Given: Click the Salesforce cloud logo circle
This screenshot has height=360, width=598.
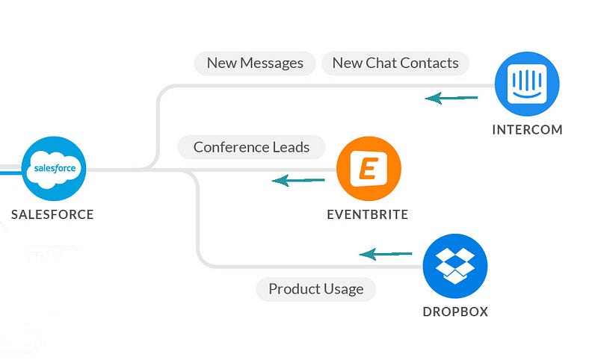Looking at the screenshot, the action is pyautogui.click(x=54, y=168).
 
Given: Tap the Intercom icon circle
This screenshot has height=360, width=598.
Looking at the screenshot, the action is pyautogui.click(x=527, y=84).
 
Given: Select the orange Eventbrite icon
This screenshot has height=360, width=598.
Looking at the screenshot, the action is pyautogui.click(x=369, y=168).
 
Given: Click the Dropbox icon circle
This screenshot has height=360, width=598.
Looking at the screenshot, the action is pyautogui.click(x=455, y=266).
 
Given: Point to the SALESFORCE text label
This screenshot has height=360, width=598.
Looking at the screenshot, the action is pyautogui.click(x=52, y=214).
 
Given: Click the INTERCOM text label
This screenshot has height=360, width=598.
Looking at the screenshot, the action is pyautogui.click(x=527, y=130).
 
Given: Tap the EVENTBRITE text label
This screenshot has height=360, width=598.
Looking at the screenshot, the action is pyautogui.click(x=368, y=214).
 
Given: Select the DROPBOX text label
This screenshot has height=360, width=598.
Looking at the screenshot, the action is pyautogui.click(x=455, y=312).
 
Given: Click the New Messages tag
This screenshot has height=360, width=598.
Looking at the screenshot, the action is pyautogui.click(x=255, y=63).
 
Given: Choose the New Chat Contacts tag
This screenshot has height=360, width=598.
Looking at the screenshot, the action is pyautogui.click(x=395, y=63).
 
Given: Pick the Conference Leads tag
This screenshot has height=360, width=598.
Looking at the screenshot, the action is pyautogui.click(x=251, y=147).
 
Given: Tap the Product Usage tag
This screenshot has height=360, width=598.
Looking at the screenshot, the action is pyautogui.click(x=315, y=289).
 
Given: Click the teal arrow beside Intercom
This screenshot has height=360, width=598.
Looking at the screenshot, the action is pyautogui.click(x=451, y=98).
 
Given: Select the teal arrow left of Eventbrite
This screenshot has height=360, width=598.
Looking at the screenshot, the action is pyautogui.click(x=298, y=180).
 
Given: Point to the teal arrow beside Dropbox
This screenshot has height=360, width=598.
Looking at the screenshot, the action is pyautogui.click(x=386, y=254).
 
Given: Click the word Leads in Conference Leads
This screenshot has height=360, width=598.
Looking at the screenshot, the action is pyautogui.click(x=291, y=147).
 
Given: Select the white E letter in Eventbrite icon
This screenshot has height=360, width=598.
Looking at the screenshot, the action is pyautogui.click(x=369, y=168).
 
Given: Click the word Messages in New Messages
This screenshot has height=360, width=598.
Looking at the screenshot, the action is pyautogui.click(x=271, y=63).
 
